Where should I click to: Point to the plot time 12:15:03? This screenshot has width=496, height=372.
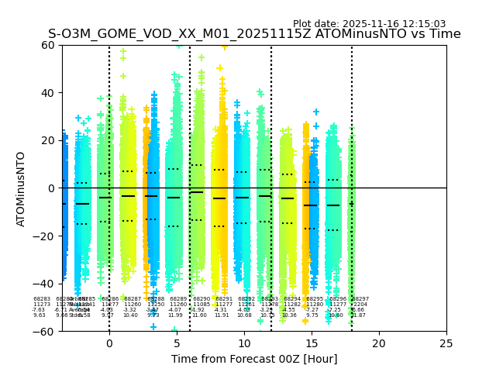[422, 24]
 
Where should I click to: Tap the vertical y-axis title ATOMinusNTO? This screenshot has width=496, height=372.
[22, 188]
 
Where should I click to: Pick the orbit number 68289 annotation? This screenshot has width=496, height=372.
[178, 299]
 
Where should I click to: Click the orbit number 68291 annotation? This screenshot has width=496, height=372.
[224, 299]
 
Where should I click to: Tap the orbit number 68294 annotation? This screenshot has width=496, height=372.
[292, 299]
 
